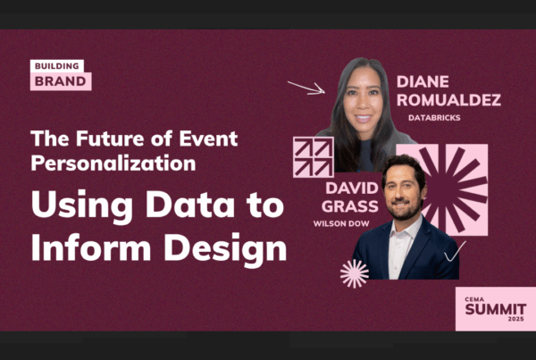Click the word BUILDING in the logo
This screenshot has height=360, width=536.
57,66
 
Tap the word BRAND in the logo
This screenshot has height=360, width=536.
61,81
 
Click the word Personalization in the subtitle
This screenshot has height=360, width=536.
113,163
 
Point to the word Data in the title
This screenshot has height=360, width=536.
190,205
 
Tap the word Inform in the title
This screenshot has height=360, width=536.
91,247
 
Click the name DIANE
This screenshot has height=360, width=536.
423,82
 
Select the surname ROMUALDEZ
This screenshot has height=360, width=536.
448,100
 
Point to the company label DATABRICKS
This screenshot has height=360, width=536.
434,118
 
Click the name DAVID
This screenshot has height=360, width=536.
352,188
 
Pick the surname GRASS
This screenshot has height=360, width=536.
350,206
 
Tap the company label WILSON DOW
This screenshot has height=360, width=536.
341,224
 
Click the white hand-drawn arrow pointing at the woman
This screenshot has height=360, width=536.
306,88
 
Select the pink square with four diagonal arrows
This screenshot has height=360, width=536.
314,157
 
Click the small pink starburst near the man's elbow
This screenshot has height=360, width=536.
355,273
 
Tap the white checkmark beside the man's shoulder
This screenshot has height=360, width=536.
455,252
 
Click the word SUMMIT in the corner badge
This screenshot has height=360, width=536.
495,309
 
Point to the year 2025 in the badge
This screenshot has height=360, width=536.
515,319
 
